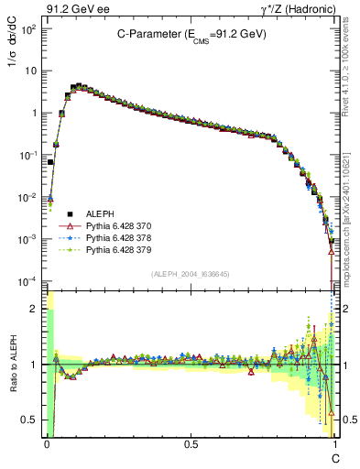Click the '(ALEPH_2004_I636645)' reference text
[191, 274]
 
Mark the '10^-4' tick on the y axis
[29, 281]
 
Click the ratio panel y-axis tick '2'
[36, 309]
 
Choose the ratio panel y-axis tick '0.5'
[31, 420]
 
